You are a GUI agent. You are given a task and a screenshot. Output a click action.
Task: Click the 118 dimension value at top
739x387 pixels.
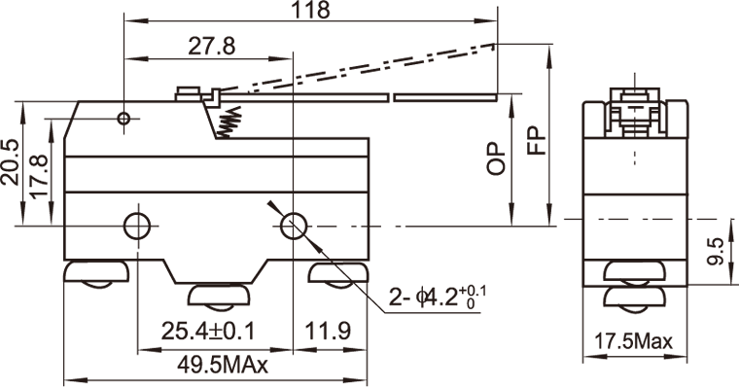click(x=310, y=10)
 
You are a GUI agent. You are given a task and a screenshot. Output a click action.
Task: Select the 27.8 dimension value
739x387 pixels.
click(x=212, y=47)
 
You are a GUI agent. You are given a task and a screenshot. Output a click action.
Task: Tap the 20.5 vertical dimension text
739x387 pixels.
click(x=11, y=162)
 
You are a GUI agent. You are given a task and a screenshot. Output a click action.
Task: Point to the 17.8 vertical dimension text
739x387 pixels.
click(x=39, y=176)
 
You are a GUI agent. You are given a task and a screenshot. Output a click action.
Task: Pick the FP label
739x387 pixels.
click(x=536, y=140)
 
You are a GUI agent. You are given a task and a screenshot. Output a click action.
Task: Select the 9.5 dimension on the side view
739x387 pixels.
click(x=717, y=251)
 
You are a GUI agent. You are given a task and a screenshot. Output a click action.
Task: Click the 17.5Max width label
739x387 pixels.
click(x=633, y=340)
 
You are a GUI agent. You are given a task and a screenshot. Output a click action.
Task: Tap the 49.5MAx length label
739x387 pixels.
click(x=223, y=365)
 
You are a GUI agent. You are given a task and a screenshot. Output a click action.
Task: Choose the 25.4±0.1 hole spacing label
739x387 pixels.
click(x=208, y=331)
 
